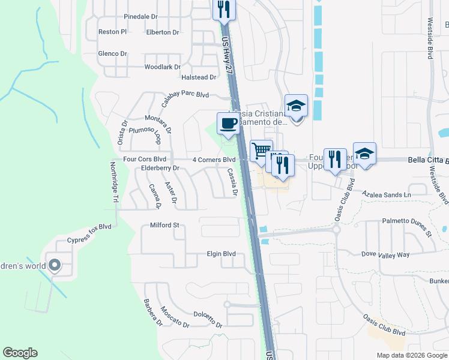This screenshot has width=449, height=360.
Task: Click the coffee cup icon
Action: [228, 124]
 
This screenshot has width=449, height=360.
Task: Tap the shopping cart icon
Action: [261, 151]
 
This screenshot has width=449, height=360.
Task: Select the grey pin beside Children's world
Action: [55, 265]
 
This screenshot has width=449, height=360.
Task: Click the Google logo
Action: [20, 353]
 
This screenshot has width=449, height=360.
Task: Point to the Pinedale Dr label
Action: [140, 17]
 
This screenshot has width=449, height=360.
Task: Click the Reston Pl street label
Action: [112, 31]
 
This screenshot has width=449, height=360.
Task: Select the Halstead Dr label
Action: [199, 77]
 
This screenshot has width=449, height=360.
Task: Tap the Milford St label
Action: [164, 226]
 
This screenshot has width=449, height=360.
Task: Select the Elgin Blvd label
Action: [221, 254]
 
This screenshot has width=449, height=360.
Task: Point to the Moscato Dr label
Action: [175, 317]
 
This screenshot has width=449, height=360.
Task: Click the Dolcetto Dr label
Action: [208, 314]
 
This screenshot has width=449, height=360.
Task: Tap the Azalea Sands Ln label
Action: [387, 195]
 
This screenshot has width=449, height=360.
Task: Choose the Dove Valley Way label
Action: [385, 254]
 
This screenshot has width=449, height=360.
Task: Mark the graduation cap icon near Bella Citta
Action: [364, 153]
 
